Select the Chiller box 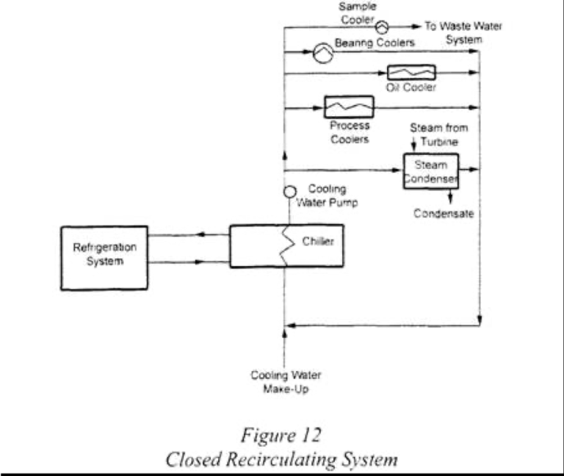pyautogui.click(x=286, y=246)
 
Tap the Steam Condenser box pyautogui.click(x=431, y=171)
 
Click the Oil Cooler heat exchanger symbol pyautogui.click(x=411, y=73)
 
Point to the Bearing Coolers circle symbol pyautogui.click(x=322, y=51)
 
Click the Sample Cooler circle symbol pyautogui.click(x=382, y=26)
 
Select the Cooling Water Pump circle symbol pyautogui.click(x=290, y=192)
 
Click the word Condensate pyautogui.click(x=443, y=214)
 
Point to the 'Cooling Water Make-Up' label pyautogui.click(x=286, y=382)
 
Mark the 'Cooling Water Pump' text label pyautogui.click(x=332, y=196)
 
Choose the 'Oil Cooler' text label pyautogui.click(x=411, y=87)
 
